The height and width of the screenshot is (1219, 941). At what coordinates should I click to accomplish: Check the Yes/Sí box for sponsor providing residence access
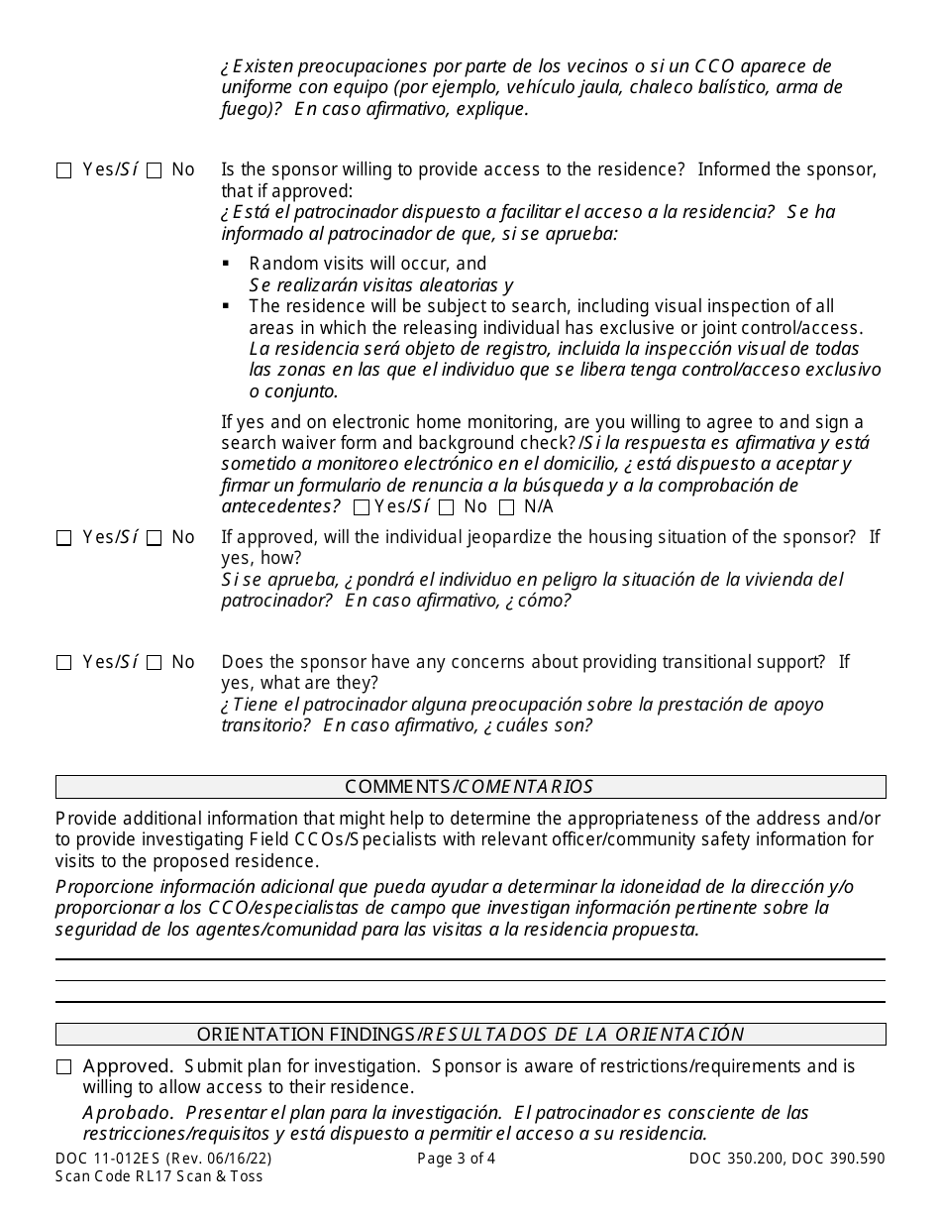pyautogui.click(x=64, y=170)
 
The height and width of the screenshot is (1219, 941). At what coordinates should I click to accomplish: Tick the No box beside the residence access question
pyautogui.click(x=155, y=170)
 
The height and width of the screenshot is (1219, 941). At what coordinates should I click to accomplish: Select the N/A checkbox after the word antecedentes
pyautogui.click(x=507, y=508)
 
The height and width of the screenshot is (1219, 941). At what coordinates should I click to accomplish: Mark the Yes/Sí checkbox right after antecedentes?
pyautogui.click(x=362, y=508)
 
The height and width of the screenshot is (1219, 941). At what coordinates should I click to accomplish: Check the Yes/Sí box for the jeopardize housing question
pyautogui.click(x=64, y=538)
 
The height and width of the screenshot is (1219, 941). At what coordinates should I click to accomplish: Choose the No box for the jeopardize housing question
pyautogui.click(x=155, y=538)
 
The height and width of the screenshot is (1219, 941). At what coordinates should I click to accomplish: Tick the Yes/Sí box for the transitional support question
pyautogui.click(x=64, y=663)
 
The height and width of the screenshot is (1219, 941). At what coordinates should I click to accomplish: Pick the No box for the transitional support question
pyautogui.click(x=155, y=663)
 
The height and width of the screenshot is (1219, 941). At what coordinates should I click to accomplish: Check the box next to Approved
pyautogui.click(x=64, y=1067)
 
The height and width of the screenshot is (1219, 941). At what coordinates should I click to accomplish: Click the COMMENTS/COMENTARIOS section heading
pyautogui.click(x=470, y=787)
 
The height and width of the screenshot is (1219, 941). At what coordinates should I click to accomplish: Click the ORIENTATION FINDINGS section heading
pyautogui.click(x=470, y=1035)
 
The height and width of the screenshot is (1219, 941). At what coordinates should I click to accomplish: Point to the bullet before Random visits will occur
pyautogui.click(x=227, y=264)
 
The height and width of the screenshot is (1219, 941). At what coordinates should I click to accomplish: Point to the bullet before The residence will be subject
pyautogui.click(x=227, y=306)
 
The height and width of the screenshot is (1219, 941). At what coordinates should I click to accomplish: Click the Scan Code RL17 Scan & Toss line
pyautogui.click(x=159, y=1176)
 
